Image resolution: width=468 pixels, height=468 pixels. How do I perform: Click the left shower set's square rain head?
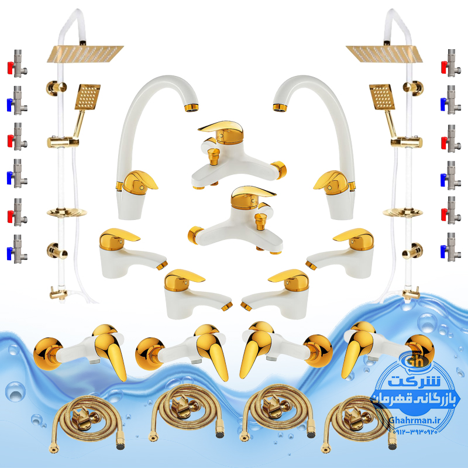85,53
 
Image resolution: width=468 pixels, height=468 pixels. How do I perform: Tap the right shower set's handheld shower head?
382,97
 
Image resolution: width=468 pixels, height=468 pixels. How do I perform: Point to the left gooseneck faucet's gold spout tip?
191,107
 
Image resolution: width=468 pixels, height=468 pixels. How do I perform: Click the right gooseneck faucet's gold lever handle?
331,181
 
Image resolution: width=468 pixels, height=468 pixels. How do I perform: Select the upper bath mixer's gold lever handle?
221,130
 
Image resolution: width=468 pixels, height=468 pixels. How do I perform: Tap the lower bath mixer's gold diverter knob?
261,221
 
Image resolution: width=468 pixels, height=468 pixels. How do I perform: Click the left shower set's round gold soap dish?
67,212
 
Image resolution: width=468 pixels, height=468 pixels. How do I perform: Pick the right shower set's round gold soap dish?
402,212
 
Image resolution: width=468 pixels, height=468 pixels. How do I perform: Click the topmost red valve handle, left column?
11,68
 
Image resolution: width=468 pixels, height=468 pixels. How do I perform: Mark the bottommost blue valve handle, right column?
444,252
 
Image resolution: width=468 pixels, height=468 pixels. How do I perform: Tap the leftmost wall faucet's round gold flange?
48,354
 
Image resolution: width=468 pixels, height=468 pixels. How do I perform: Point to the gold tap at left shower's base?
58,294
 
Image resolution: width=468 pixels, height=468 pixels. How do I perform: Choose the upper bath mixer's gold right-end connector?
280,170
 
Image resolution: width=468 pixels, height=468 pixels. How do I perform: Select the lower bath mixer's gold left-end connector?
195,235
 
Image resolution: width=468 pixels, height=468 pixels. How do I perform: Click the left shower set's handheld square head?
87,97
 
